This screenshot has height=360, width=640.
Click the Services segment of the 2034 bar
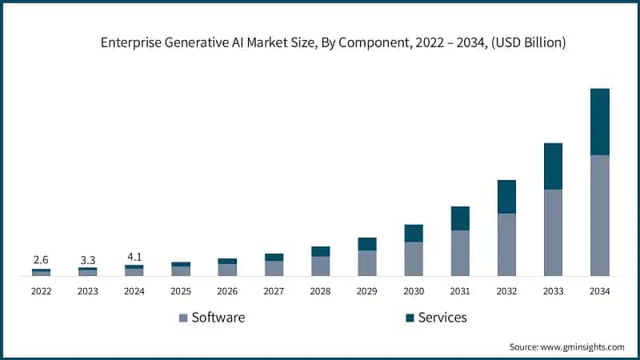pyautogui.click(x=600, y=122)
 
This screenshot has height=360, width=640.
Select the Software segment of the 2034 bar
pyautogui.click(x=600, y=215)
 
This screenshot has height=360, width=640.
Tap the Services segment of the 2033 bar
pyautogui.click(x=553, y=166)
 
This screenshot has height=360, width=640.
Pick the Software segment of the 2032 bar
pyautogui.click(x=506, y=244)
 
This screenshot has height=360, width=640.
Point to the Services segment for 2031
pyautogui.click(x=460, y=218)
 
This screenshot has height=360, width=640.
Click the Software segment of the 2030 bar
pyautogui.click(x=414, y=258)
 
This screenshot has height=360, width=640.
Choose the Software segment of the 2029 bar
pyautogui.click(x=367, y=263)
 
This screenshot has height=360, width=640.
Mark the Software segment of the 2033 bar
pyautogui.click(x=553, y=232)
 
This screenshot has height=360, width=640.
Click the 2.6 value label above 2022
pyautogui.click(x=41, y=260)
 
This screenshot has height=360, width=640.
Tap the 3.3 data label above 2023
pyautogui.click(x=88, y=260)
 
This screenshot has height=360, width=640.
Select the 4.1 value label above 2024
pyautogui.click(x=134, y=257)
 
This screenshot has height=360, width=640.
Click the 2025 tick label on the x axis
pyautogui.click(x=181, y=292)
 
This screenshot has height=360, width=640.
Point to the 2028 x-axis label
pyautogui.click(x=321, y=292)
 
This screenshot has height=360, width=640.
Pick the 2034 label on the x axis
pyautogui.click(x=600, y=292)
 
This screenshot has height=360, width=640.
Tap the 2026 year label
pyautogui.click(x=227, y=292)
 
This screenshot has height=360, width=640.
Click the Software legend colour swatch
pyautogui.click(x=182, y=318)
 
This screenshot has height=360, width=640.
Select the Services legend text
pyautogui.click(x=442, y=318)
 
